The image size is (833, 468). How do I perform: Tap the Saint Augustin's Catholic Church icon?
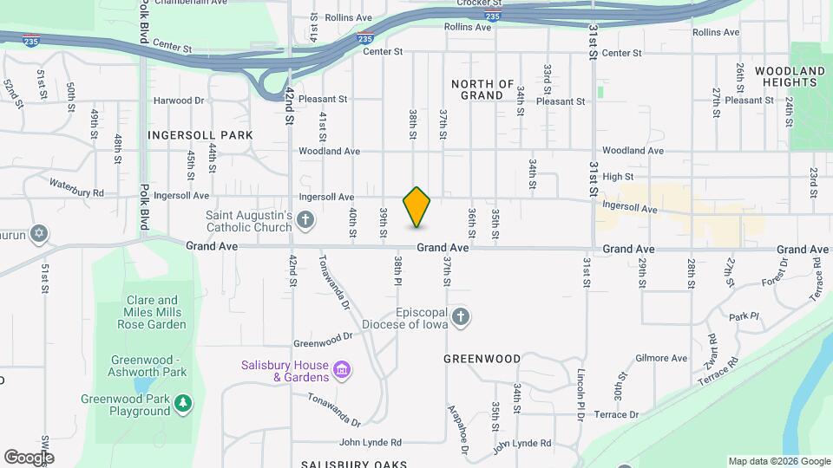pyautogui.click(x=305, y=220)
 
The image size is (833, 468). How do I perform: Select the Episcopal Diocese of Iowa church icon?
pyautogui.click(x=461, y=317)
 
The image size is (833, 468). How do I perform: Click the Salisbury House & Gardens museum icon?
pyautogui.click(x=342, y=371)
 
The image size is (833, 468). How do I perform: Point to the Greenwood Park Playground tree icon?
pyautogui.click(x=182, y=402)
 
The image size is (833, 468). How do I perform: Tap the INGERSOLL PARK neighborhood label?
pyautogui.click(x=200, y=135)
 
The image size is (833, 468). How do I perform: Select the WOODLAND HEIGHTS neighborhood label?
pyautogui.click(x=790, y=76)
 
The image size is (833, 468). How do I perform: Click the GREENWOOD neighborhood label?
pyautogui.click(x=482, y=358)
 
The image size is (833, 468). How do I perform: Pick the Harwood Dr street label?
pyautogui.click(x=179, y=101)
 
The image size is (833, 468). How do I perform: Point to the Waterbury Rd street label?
pyautogui.click(x=76, y=187)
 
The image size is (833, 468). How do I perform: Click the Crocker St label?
pyautogui.click(x=476, y=3)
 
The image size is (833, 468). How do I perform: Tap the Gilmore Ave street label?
pyautogui.click(x=661, y=358)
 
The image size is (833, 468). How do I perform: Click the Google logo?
pyautogui.click(x=29, y=458)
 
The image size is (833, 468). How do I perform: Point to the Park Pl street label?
pyautogui.click(x=744, y=317)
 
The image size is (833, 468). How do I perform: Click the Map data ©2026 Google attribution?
pyautogui.click(x=779, y=461)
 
